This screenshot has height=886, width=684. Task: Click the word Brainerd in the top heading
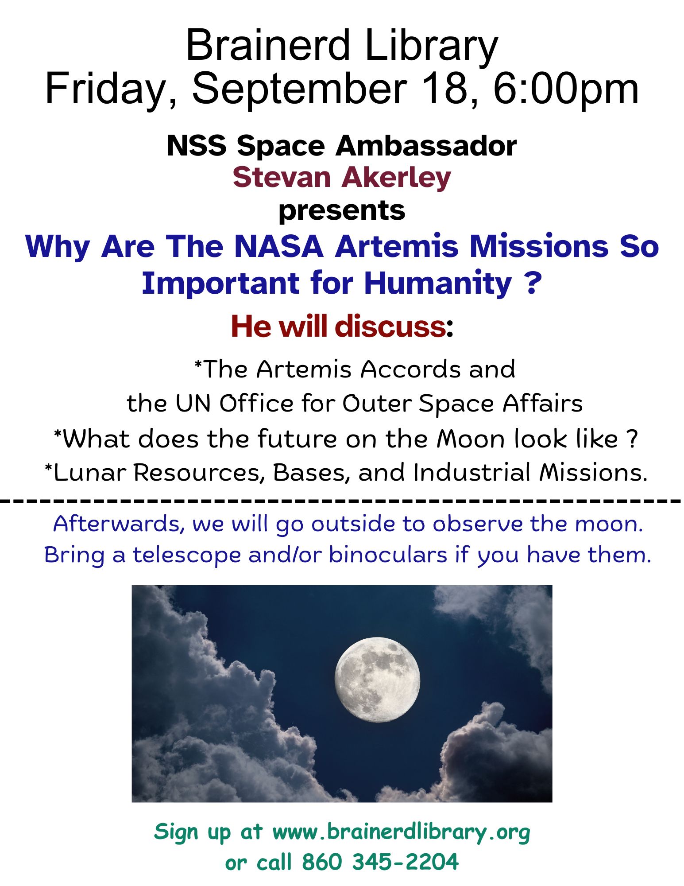click(268, 45)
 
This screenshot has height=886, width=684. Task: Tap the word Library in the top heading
click(432, 48)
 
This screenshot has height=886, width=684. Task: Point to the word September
click(299, 89)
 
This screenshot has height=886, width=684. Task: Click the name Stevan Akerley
click(342, 178)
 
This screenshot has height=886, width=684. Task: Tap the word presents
click(342, 211)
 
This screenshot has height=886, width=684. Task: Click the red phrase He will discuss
click(337, 326)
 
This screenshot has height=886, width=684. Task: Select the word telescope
click(187, 556)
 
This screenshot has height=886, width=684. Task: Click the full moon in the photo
click(377, 680)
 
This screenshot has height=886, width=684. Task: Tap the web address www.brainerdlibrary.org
click(401, 832)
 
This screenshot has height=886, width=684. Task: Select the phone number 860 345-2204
click(380, 863)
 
